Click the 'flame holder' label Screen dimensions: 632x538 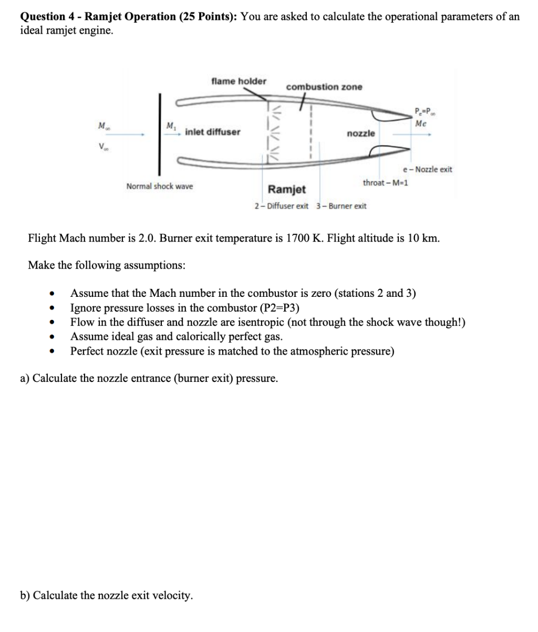tap(239, 81)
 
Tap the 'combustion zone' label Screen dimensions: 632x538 tap(324, 87)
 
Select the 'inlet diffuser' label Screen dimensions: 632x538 tap(213, 131)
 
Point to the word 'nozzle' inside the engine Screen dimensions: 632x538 tap(361, 133)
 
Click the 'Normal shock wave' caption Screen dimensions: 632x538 tap(160, 186)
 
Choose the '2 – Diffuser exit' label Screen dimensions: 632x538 tap(281, 205)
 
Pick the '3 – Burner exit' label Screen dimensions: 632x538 tap(342, 205)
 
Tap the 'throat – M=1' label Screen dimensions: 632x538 tap(387, 182)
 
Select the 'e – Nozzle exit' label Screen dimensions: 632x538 tap(427, 169)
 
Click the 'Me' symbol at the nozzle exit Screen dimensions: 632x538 tap(420, 124)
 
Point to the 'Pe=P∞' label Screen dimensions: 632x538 tap(422, 111)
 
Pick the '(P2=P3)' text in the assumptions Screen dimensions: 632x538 tap(280, 308)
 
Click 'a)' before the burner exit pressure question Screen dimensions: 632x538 tap(25, 378)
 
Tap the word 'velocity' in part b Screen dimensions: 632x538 tap(173, 595)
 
